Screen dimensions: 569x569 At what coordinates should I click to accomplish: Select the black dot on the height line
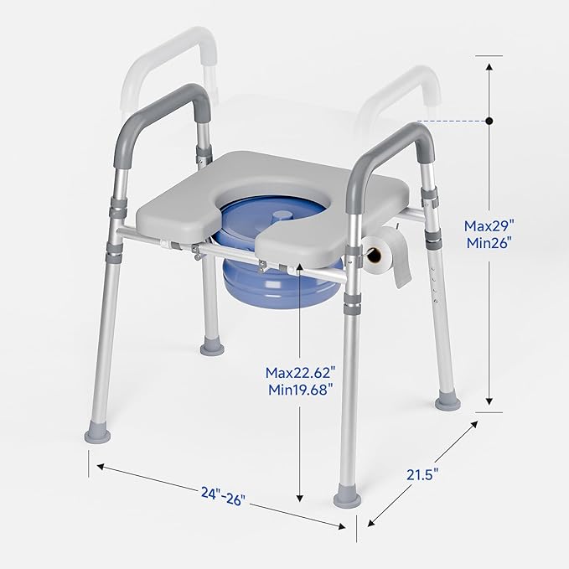(x=489, y=122)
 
